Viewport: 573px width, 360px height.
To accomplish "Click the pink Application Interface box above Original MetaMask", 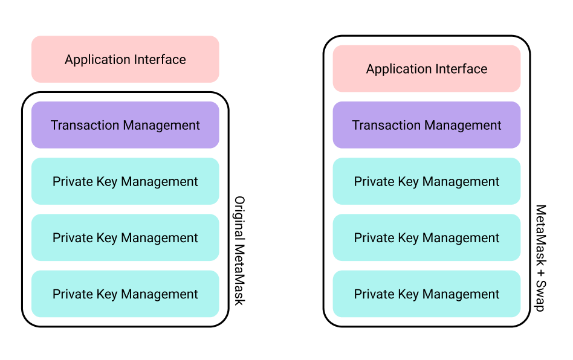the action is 125,59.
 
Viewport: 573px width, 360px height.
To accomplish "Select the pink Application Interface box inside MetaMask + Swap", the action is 427,69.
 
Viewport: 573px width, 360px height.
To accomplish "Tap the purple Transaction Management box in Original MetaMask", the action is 125,125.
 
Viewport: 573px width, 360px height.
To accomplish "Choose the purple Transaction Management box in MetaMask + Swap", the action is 427,125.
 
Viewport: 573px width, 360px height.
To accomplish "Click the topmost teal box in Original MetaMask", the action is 125,181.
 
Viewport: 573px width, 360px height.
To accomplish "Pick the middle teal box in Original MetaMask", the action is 125,237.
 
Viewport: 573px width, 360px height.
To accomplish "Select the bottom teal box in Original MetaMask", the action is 125,294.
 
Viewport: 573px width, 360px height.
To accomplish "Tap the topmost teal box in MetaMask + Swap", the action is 427,181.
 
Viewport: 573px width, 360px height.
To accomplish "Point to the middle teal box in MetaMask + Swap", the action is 427,237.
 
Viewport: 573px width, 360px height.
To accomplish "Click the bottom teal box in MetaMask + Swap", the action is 427,294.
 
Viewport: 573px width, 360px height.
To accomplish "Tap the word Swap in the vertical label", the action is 540,296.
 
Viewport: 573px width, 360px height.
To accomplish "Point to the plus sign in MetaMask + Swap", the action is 540,273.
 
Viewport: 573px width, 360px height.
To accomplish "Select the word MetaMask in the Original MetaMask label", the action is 239,274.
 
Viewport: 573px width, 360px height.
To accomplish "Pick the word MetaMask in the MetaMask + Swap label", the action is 540,236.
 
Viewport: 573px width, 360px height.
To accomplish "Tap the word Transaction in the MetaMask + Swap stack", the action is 385,125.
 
